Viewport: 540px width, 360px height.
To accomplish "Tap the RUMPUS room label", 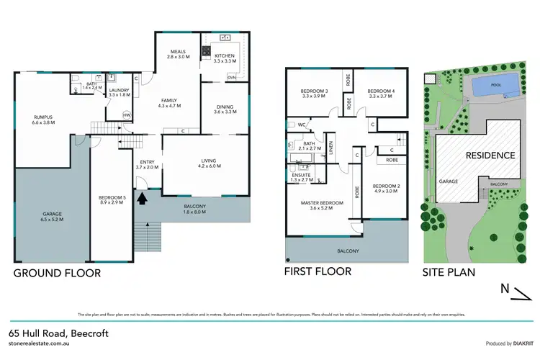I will click(x=44, y=120).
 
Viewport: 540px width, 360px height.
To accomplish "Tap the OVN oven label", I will click(x=230, y=76).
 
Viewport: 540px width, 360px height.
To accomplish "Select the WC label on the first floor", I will click(x=302, y=125).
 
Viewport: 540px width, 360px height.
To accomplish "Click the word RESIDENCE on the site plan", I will click(x=490, y=155).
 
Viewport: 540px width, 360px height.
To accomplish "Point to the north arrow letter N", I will click(x=506, y=289).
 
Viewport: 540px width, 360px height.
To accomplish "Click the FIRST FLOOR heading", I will click(x=318, y=271).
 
